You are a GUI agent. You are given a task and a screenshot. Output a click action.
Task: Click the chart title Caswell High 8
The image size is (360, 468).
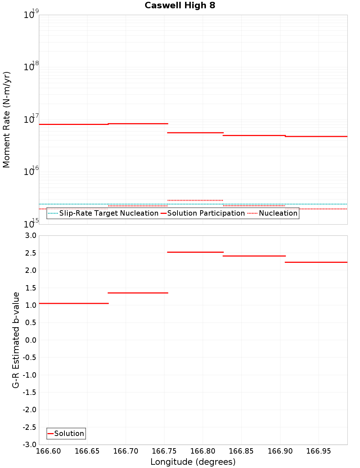[180, 5]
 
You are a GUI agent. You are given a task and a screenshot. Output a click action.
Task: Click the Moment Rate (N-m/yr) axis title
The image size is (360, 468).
[6, 120]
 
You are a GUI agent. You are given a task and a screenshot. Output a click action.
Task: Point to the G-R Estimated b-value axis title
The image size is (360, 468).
[16, 340]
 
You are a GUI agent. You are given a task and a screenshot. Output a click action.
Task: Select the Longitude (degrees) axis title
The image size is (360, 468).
[193, 462]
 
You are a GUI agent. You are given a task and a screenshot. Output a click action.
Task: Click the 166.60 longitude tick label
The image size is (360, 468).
[48, 451]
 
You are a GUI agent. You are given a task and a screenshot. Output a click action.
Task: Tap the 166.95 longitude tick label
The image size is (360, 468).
[319, 451]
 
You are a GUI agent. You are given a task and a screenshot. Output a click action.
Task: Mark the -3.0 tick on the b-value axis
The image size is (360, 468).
[29, 445]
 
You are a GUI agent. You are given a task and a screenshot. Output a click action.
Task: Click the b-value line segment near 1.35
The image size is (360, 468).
[138, 293]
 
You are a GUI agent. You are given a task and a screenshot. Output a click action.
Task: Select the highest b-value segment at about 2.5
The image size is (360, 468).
[195, 252]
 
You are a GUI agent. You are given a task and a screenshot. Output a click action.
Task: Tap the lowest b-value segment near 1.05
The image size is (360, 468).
[73, 303]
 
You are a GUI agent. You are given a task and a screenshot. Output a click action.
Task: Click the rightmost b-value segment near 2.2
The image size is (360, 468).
[316, 262]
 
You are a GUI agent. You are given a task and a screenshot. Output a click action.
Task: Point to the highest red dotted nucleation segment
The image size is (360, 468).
[195, 200]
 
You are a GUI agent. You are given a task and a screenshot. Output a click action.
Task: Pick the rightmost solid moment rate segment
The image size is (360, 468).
[316, 136]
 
